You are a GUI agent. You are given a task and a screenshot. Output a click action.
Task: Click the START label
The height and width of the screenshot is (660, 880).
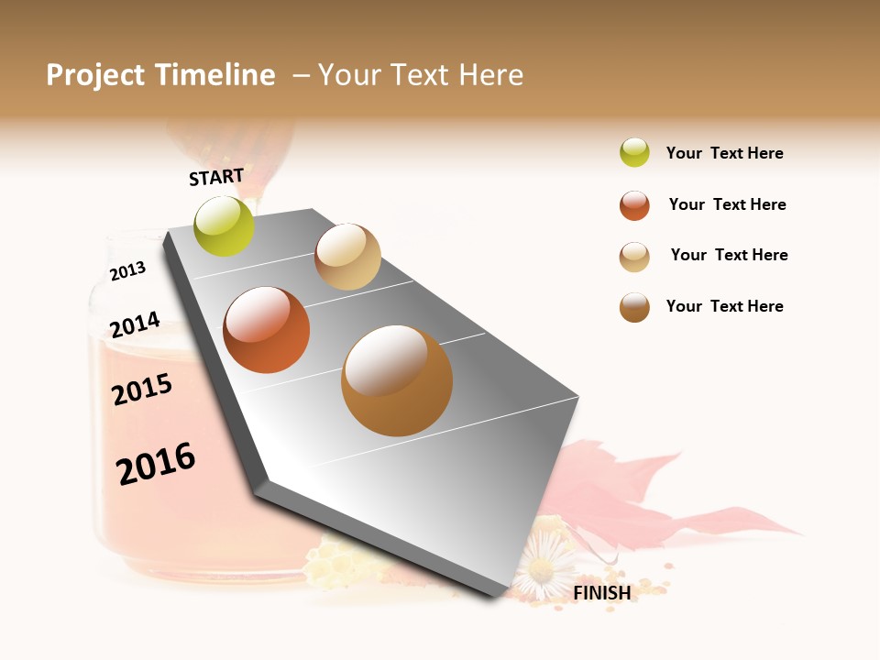[216, 177]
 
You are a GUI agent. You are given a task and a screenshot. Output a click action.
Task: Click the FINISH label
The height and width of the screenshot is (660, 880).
[602, 593]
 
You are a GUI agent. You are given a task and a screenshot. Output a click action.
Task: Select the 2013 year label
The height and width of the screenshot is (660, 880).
[127, 271]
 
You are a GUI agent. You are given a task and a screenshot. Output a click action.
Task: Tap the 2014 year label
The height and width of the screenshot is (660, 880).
[135, 324]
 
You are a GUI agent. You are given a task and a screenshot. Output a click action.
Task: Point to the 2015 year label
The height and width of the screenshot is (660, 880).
[142, 390]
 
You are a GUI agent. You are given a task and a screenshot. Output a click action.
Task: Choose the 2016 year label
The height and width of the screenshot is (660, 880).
[156, 464]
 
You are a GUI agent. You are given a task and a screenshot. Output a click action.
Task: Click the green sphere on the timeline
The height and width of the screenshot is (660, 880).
[225, 226]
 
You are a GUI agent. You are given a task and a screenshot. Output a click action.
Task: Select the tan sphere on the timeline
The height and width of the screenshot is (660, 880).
[347, 257]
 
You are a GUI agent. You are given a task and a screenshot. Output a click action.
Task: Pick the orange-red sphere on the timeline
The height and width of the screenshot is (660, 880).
[267, 330]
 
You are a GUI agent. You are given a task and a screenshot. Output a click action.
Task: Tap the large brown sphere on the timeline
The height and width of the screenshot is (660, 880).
[397, 380]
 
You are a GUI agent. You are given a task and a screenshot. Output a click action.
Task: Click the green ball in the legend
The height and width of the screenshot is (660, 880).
[634, 153]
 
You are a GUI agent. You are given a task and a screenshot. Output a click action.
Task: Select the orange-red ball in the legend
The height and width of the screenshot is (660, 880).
[634, 205]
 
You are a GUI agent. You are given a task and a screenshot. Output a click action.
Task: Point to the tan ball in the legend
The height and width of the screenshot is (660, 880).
[634, 257]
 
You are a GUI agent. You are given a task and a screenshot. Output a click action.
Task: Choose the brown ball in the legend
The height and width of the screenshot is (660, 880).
[634, 307]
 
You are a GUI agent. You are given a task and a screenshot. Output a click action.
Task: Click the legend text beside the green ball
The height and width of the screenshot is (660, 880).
[724, 154]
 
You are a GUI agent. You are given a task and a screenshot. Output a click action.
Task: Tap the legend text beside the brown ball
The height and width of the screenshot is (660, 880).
[724, 306]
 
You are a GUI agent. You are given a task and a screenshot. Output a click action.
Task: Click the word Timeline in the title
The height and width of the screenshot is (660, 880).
[214, 75]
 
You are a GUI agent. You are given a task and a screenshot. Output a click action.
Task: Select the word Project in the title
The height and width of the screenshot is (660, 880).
[95, 75]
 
